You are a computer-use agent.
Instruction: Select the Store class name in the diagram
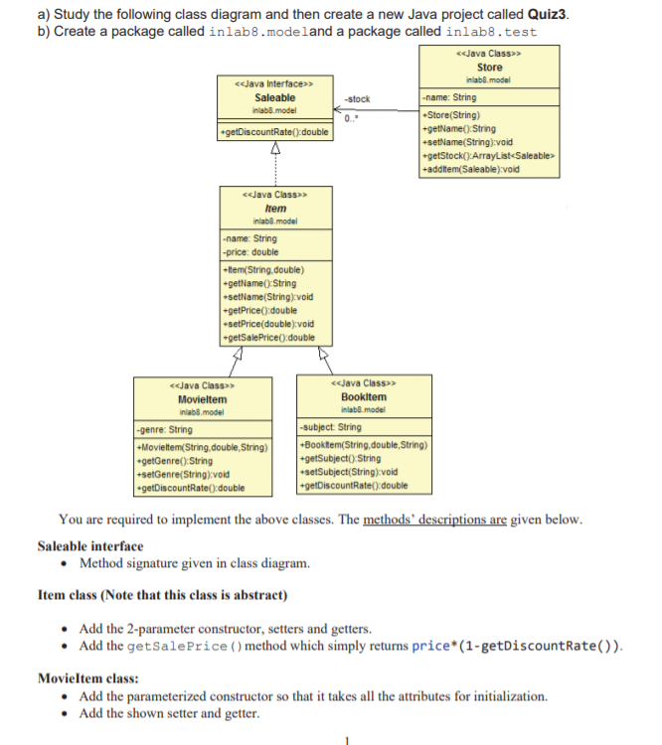click(489, 67)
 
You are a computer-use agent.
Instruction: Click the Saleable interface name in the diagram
click(274, 97)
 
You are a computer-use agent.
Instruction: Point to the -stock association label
click(357, 99)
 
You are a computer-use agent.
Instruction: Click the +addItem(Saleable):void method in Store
click(470, 170)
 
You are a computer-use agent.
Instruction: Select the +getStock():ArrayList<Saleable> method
click(486, 156)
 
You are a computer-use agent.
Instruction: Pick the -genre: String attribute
click(166, 430)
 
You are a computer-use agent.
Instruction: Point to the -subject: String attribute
click(331, 428)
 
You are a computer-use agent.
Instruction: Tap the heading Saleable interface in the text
click(89, 545)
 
